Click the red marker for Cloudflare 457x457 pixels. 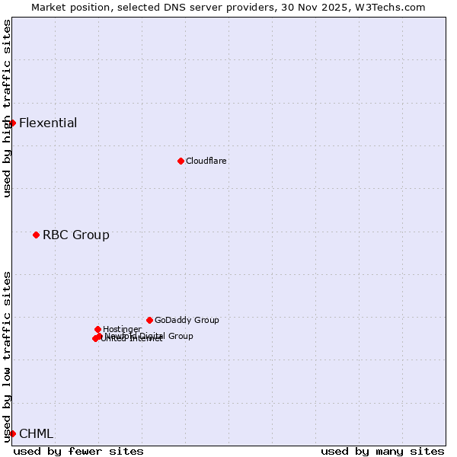pyautogui.click(x=181, y=161)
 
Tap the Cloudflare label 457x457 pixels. pyautogui.click(x=206, y=161)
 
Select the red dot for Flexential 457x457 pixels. pyautogui.click(x=12, y=123)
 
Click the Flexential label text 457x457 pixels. pyautogui.click(x=48, y=123)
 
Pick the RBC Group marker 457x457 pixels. pyautogui.click(x=36, y=235)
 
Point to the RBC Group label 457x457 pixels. pyautogui.click(x=75, y=235)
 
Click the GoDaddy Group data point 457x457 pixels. pyautogui.click(x=149, y=320)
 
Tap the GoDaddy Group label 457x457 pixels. pyautogui.click(x=187, y=321)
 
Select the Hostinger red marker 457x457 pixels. pyautogui.click(x=97, y=329)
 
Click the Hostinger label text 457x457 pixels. pyautogui.click(x=122, y=329)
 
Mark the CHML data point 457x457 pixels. pyautogui.click(x=12, y=433)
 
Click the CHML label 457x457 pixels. pyautogui.click(x=36, y=434)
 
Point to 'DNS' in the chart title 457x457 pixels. pyautogui.click(x=170, y=7)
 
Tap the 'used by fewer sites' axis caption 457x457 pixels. pyautogui.click(x=78, y=451)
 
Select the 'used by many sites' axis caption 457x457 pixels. pyautogui.click(x=382, y=451)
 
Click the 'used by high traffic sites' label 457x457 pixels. pyautogui.click(x=7, y=108)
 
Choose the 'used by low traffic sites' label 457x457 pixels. pyautogui.click(x=7, y=356)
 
